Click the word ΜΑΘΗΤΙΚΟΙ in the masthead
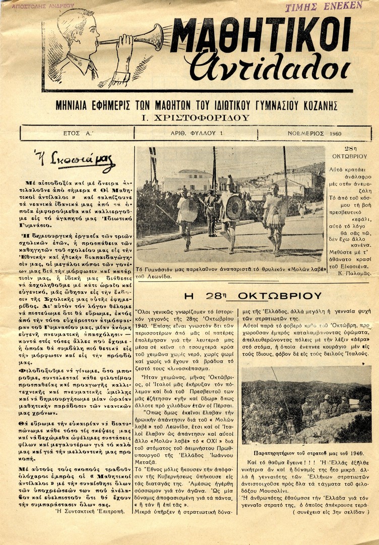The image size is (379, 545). (261, 37)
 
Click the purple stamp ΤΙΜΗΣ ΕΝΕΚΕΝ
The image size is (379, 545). (324, 6)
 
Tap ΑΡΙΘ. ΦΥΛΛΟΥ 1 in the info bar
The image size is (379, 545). (196, 133)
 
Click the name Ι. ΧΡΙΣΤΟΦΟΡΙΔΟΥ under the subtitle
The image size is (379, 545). (197, 118)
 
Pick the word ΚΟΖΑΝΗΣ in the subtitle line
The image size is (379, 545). (319, 106)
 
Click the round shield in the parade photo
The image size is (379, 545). (234, 207)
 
